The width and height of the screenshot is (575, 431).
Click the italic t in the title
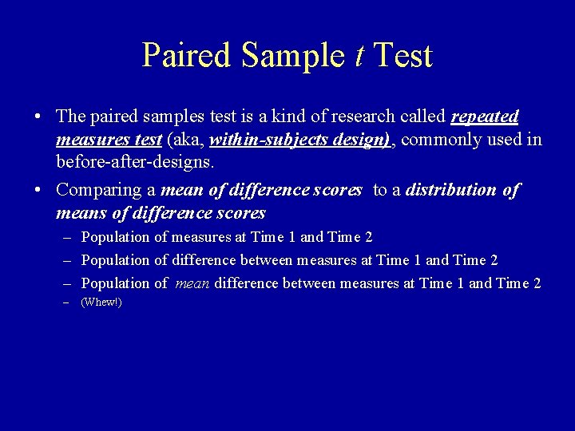(360, 56)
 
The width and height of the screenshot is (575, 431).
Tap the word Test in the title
(403, 56)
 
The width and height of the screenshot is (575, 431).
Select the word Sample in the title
(295, 56)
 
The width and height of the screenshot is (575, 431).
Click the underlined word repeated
(485, 117)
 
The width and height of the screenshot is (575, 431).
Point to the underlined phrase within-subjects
(257, 140)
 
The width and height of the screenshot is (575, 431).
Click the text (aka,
(186, 140)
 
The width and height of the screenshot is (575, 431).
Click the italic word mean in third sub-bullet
(190, 283)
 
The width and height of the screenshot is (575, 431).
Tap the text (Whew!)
(101, 303)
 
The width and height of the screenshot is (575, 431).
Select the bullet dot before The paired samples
(38, 117)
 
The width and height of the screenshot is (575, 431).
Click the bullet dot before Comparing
(38, 191)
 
